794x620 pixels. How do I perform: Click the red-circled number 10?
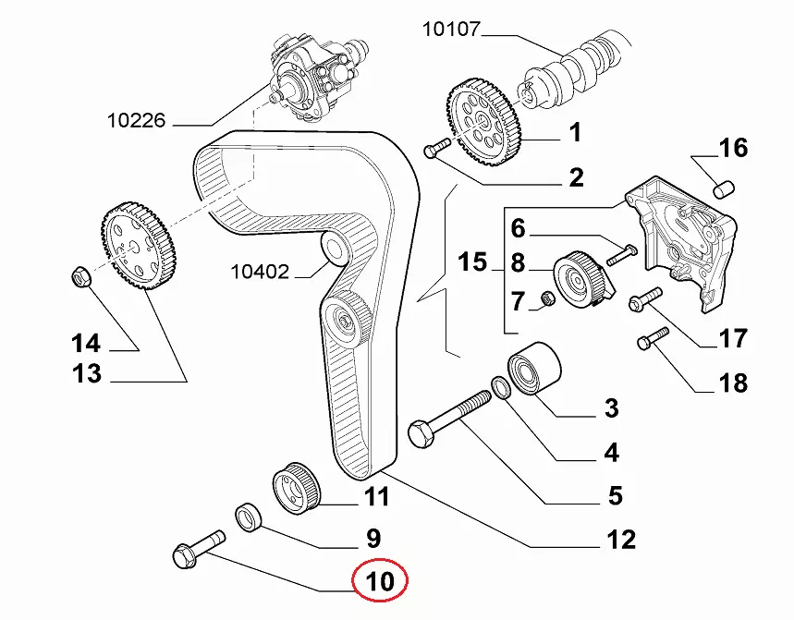click(381, 582)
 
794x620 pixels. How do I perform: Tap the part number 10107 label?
click(451, 30)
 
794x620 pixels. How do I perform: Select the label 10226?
click(136, 119)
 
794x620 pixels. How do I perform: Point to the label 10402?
click(260, 272)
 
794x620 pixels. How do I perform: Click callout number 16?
click(733, 148)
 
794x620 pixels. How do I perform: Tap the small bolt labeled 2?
click(435, 148)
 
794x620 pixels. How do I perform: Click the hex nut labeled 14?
click(80, 275)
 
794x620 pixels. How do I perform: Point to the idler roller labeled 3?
click(531, 368)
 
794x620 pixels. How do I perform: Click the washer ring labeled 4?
click(500, 387)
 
